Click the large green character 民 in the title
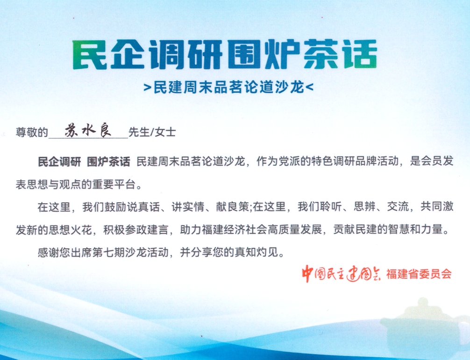(x=90, y=55)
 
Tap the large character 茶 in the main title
(x=321, y=55)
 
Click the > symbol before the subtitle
(x=147, y=87)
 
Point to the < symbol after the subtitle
(x=310, y=87)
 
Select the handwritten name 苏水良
(x=88, y=130)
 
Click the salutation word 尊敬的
(x=32, y=132)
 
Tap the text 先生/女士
(x=152, y=132)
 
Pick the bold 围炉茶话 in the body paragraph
(x=108, y=162)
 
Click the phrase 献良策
(x=232, y=207)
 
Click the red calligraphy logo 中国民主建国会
(x=342, y=274)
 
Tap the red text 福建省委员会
(x=419, y=274)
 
